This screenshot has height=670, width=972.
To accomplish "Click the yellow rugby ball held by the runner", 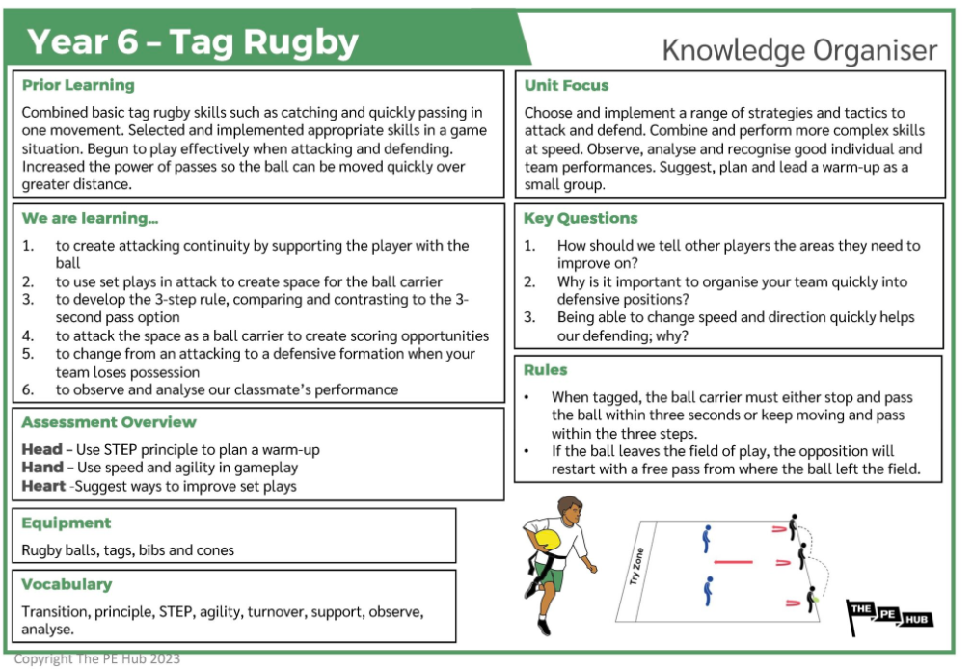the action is (547, 540).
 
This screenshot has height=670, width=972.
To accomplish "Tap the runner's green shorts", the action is (552, 576).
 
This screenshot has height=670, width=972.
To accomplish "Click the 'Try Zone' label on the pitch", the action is (636, 566).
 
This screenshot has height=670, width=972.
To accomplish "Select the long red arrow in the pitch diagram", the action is (733, 562).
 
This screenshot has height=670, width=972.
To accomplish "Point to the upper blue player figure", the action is (706, 539).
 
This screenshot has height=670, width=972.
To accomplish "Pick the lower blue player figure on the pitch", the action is (708, 591).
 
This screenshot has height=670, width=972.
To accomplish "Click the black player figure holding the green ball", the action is (812, 600).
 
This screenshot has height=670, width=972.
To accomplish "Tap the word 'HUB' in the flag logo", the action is (916, 619).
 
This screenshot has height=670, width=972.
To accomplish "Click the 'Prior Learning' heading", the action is (78, 85).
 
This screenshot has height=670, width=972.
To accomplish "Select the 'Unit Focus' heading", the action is (567, 86).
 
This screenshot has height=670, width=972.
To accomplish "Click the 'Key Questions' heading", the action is (580, 218).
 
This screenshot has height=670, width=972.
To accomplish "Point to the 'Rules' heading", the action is (546, 370).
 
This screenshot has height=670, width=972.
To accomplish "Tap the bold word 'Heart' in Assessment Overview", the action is (43, 486).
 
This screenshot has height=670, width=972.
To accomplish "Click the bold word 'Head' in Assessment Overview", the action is (42, 449).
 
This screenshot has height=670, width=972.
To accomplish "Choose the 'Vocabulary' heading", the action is (67, 584).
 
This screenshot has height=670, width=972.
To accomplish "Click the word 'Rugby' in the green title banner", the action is (301, 42).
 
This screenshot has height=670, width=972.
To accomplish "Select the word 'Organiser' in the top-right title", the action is (875, 51).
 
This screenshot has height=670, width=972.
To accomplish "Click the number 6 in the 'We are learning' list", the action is (28, 389).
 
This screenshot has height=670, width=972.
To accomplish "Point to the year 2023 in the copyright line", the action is (165, 658).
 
